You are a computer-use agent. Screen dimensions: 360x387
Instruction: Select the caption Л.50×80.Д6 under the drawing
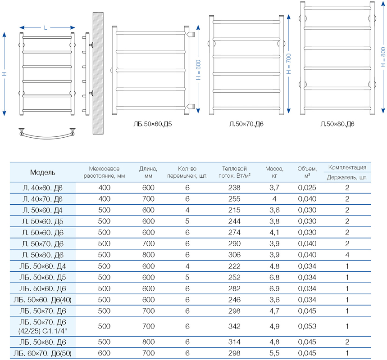click(x=337, y=123)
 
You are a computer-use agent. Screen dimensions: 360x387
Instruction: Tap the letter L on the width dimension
click(x=46, y=28)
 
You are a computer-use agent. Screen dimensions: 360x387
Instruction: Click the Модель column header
click(x=43, y=172)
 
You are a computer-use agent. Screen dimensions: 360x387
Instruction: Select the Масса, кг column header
click(x=274, y=172)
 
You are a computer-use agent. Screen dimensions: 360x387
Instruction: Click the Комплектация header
click(x=347, y=167)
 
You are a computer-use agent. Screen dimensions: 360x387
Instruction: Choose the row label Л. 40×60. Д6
click(x=43, y=187)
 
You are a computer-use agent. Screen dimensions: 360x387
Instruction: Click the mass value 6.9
click(x=274, y=288)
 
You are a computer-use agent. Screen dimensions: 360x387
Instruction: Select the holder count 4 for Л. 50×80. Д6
click(x=347, y=255)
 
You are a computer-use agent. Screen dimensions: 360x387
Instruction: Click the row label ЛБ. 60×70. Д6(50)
click(x=43, y=352)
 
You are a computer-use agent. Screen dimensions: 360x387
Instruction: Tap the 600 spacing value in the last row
click(x=104, y=352)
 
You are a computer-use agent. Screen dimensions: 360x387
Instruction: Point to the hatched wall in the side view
click(x=99, y=72)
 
